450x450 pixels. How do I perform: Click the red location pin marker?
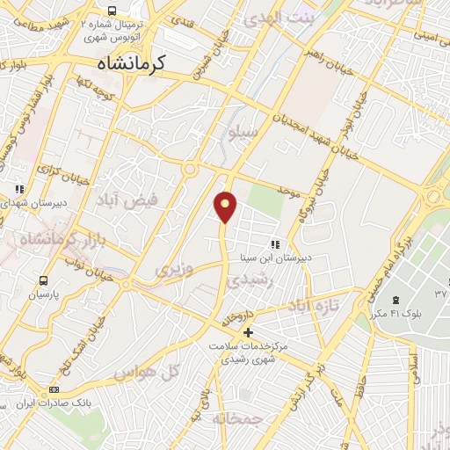[226, 206]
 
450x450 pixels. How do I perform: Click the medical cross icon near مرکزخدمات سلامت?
[249, 332]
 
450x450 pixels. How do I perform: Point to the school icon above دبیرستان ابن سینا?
[274, 243]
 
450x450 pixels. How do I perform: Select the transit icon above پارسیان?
[42, 280]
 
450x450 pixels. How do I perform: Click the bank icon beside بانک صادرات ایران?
[54, 389]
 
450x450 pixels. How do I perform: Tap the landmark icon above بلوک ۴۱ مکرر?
[395, 301]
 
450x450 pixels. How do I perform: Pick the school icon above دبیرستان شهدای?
[19, 188]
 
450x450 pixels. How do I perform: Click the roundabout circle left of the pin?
[189, 168]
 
